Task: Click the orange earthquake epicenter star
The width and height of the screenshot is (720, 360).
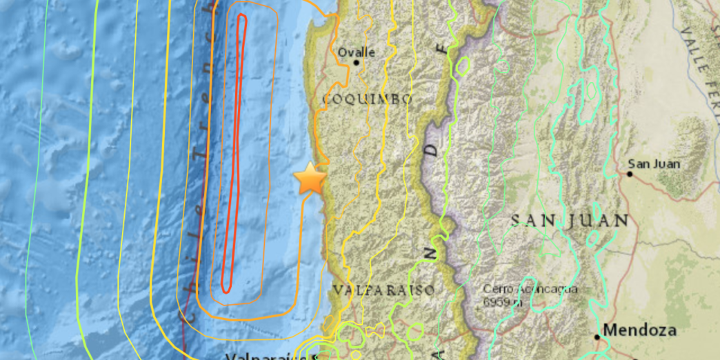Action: pyautogui.click(x=310, y=179)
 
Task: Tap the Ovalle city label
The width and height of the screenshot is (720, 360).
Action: pyautogui.click(x=356, y=52)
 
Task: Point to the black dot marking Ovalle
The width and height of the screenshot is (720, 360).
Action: pyautogui.click(x=357, y=63)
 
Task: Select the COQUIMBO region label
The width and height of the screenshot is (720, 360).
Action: pyautogui.click(x=367, y=100)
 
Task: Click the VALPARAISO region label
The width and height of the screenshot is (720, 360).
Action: pyautogui.click(x=383, y=290)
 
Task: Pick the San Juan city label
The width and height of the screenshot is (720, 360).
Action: pyautogui.click(x=654, y=164)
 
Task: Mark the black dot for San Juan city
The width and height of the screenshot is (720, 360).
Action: pyautogui.click(x=630, y=174)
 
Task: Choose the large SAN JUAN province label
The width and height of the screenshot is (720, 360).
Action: pyautogui.click(x=570, y=221)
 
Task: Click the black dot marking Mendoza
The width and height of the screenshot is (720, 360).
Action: pyautogui.click(x=598, y=337)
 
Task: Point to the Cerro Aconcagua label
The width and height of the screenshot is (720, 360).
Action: pyautogui.click(x=530, y=289)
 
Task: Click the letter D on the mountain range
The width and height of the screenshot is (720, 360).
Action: pyautogui.click(x=432, y=152)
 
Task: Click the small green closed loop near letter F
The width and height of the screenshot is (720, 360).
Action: pyautogui.click(x=462, y=66)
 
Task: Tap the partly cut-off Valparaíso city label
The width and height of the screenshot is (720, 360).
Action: pyautogui.click(x=269, y=356)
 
